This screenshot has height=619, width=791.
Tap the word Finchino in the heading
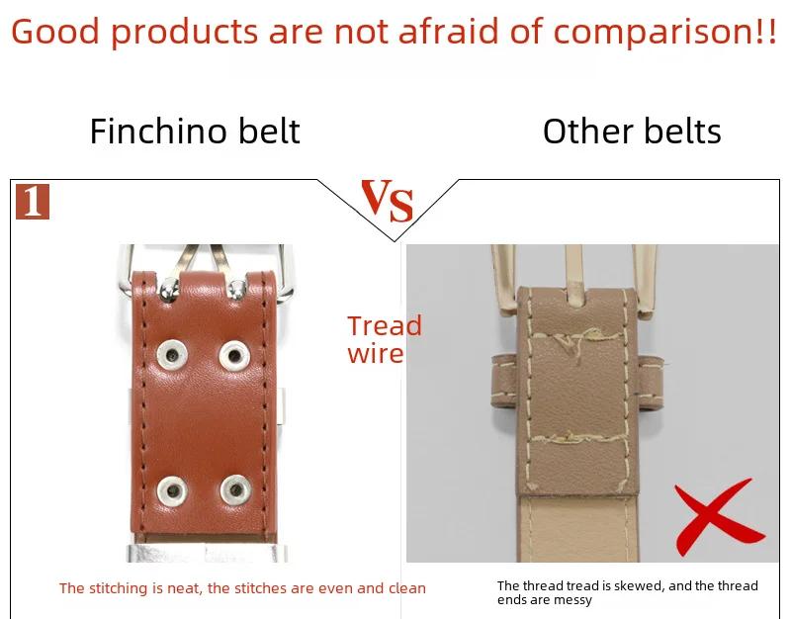pos(158,132)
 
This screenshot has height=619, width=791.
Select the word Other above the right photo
pos(587,132)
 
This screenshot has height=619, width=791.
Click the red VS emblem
pos(388,201)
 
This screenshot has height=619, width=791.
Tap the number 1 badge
pos(33,202)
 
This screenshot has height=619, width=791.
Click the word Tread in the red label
pos(385,325)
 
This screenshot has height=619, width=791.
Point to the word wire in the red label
pos(376,353)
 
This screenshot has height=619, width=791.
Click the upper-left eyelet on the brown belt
pos(172,354)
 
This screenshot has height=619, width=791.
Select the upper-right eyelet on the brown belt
pos(234,355)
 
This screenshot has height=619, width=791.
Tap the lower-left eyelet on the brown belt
pos(172,489)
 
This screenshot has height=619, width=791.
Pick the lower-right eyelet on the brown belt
pos(235,489)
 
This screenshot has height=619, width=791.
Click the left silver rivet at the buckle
pos(168,289)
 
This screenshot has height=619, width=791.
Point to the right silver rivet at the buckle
pos(236,290)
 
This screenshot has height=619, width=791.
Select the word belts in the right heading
pos(682,132)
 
